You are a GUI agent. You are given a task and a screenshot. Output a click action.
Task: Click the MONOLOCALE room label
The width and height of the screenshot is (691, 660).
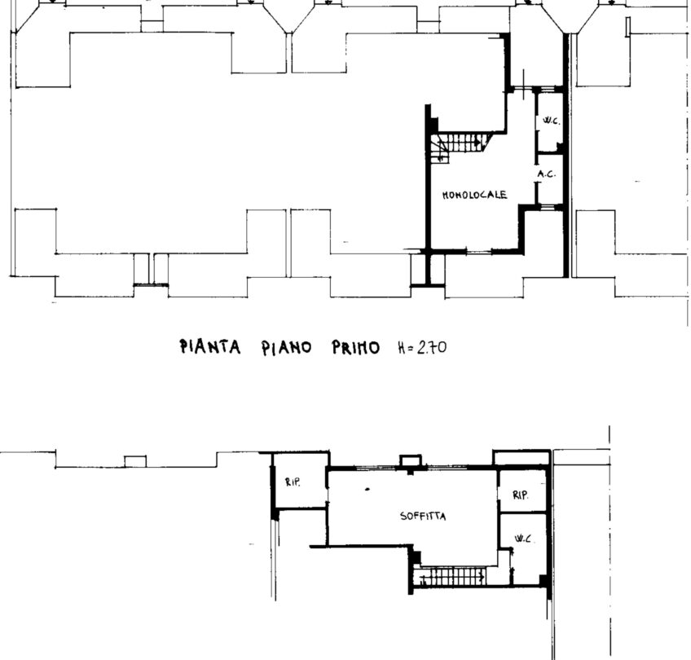[x=474, y=194]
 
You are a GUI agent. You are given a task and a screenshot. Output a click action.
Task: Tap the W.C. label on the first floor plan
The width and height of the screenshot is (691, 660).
[x=552, y=121]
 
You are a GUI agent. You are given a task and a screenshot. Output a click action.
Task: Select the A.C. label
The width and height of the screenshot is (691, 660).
[x=547, y=174]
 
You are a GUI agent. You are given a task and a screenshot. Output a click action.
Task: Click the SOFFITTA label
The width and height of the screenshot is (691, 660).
[x=423, y=516]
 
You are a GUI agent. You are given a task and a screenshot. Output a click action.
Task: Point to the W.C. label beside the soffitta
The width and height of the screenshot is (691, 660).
[x=523, y=539]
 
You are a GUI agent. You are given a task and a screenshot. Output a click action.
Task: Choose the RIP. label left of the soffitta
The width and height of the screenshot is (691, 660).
[x=293, y=482]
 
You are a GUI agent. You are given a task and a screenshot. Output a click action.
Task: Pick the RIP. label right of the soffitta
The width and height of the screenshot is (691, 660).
[x=521, y=495]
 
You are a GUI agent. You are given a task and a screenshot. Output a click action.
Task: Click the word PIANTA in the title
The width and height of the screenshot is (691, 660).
[x=209, y=347]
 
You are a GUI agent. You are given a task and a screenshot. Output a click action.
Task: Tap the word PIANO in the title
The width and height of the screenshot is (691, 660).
[x=287, y=348]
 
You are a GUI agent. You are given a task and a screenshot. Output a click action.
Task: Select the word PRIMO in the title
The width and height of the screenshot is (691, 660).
[x=355, y=348]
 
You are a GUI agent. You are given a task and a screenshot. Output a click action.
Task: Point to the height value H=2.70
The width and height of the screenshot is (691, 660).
[x=422, y=348]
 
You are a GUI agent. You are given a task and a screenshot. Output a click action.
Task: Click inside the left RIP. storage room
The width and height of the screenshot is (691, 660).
[x=301, y=481]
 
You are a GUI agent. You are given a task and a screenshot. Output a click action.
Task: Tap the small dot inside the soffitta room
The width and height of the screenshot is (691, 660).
[x=368, y=489]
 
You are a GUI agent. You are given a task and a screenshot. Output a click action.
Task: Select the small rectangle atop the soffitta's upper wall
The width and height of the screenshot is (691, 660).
[x=411, y=460]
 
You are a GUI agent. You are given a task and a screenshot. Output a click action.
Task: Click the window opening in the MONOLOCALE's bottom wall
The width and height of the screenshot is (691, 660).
[x=479, y=252]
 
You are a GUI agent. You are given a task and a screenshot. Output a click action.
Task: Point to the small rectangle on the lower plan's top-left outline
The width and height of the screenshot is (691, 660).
[x=135, y=461]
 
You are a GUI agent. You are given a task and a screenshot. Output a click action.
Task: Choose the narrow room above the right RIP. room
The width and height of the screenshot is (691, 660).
[x=522, y=458]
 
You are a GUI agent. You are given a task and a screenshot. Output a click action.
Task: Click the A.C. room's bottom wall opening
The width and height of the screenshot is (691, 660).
[x=549, y=207]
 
